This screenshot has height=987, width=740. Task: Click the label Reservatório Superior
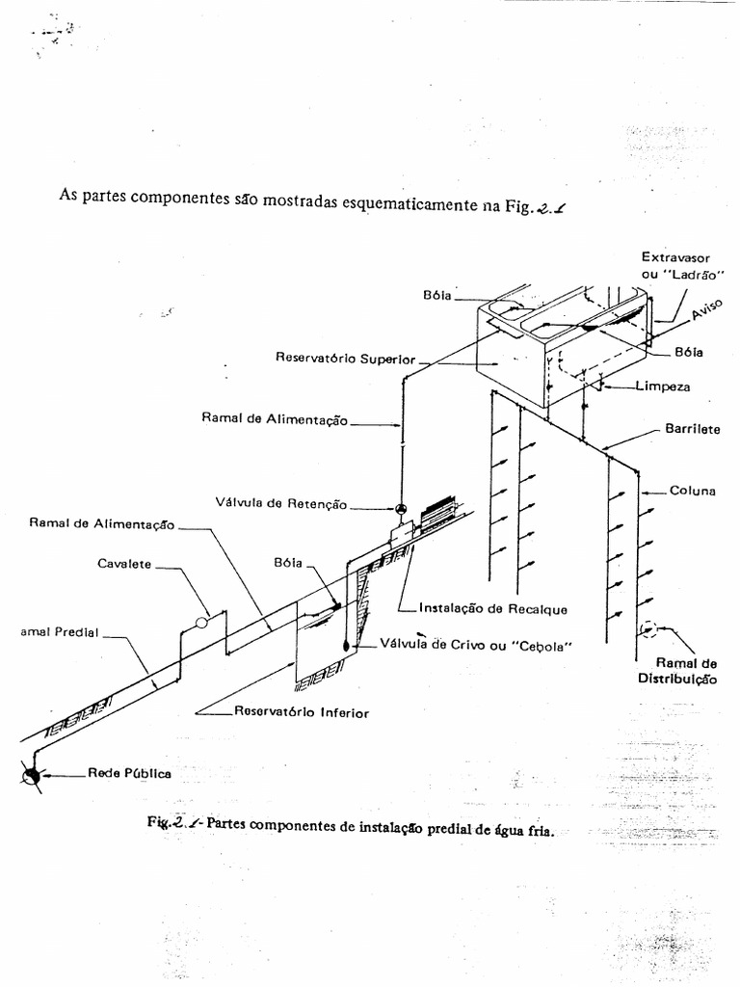345,359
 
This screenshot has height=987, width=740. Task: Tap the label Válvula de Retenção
280,502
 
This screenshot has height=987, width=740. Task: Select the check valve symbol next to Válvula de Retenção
402,509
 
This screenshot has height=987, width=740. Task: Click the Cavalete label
124,564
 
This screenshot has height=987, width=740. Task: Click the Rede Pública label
130,773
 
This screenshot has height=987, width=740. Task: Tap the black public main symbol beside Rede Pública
33,774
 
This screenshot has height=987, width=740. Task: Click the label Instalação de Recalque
493,609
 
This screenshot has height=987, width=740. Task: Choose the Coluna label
693,491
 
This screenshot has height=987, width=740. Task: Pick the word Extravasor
675,257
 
